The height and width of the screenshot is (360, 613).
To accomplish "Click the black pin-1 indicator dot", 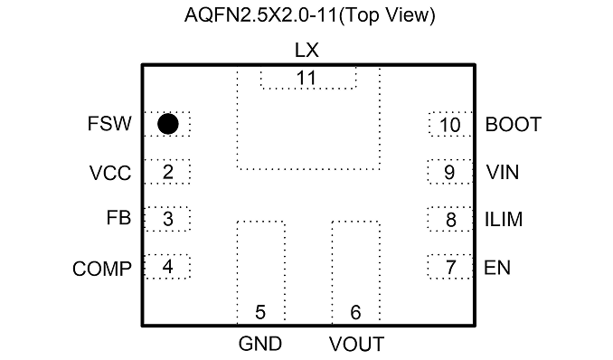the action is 168,124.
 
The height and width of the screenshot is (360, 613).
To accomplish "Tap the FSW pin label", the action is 109,124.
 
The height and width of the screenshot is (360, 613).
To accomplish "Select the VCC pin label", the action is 110,173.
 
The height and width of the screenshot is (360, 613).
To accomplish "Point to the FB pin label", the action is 118,218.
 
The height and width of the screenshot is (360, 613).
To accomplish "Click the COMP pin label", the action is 102,270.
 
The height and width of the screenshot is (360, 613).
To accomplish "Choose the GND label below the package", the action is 260,344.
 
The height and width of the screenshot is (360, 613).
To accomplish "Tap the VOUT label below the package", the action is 356,345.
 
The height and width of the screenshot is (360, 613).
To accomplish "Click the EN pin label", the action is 497,268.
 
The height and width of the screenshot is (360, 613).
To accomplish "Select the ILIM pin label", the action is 504,220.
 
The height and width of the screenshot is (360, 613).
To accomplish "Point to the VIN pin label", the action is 503,172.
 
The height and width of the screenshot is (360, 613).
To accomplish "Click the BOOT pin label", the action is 514,125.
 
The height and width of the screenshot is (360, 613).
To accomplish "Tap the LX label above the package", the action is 306,51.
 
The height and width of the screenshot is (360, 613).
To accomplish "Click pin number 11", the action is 306,78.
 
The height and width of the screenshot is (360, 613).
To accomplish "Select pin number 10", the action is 450,125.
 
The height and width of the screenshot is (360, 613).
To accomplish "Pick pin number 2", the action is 167,172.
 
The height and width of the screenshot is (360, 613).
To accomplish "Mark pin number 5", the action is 260,312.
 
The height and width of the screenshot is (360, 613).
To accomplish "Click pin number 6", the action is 355,312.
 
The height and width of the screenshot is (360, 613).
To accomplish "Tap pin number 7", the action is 451,268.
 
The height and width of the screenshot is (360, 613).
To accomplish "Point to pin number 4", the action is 167,267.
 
